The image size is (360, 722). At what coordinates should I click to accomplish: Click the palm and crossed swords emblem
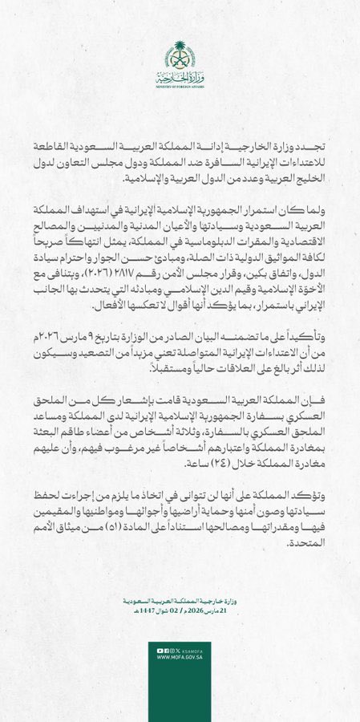click(x=180, y=55)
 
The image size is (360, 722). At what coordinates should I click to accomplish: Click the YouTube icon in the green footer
click(x=160, y=650)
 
